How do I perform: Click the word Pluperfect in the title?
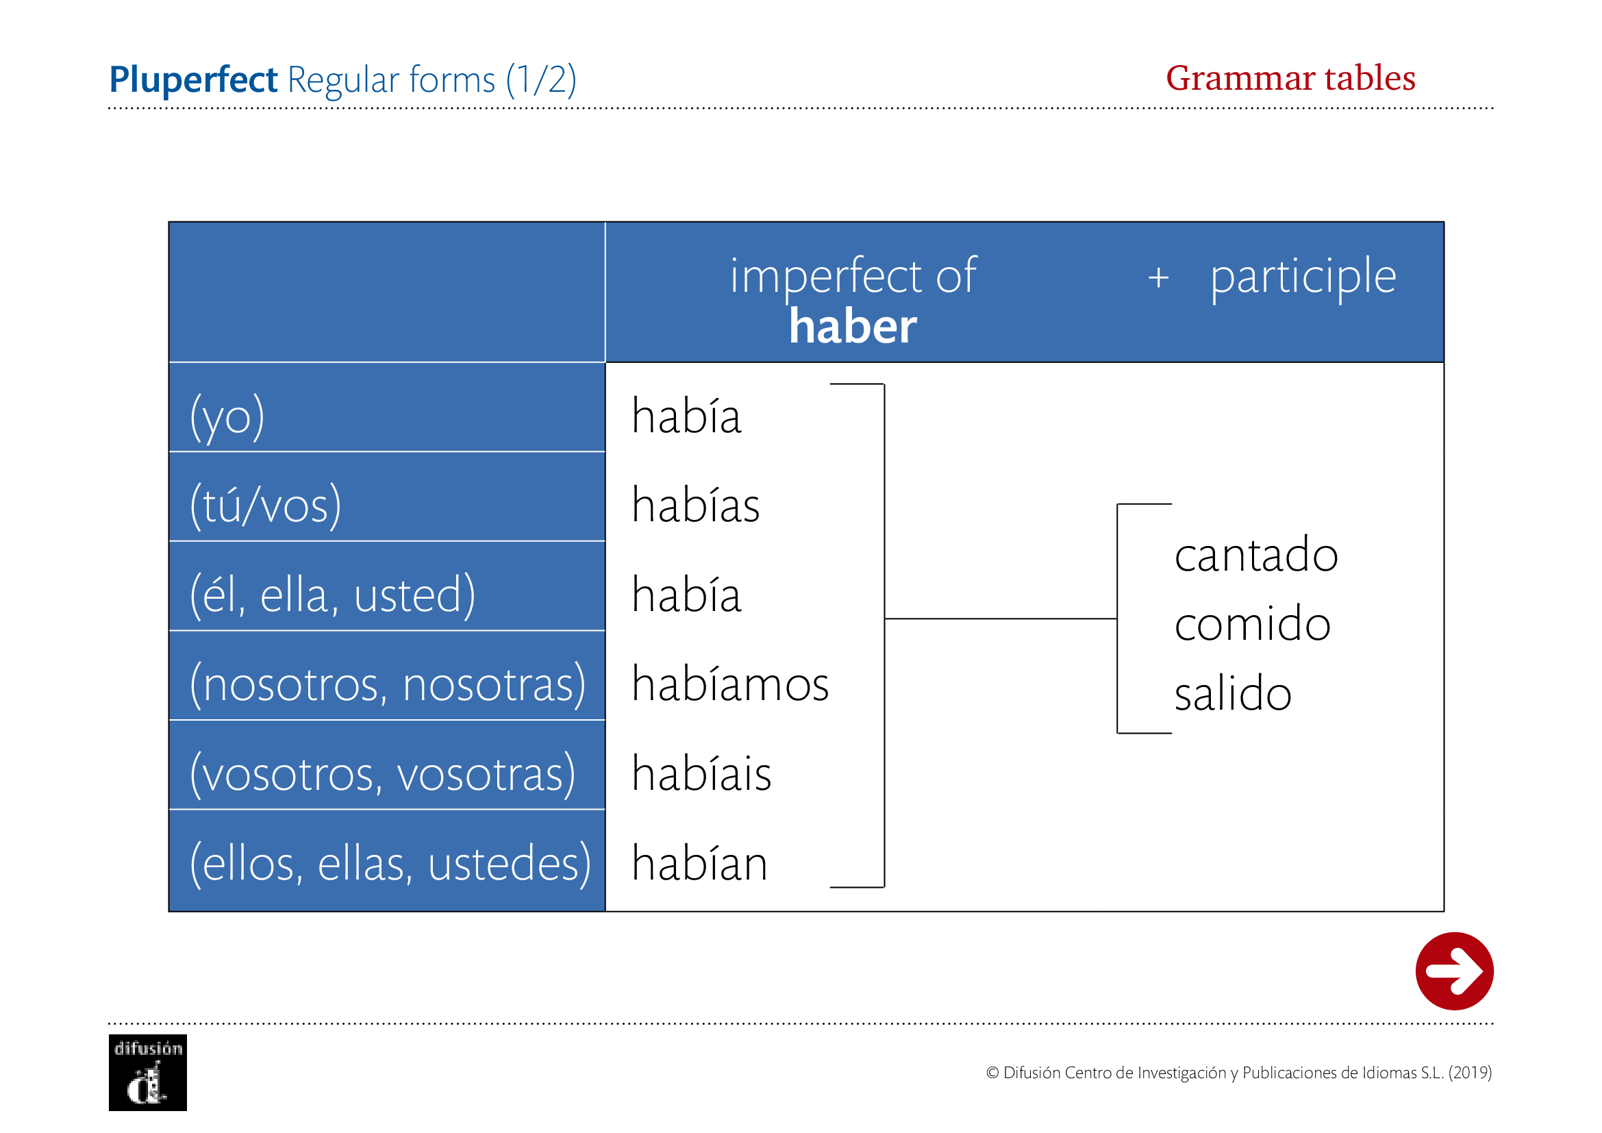pos(193,79)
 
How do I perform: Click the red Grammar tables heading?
pos(1290,77)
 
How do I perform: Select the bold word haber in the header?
pos(853,327)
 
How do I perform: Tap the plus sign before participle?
pos(1158,277)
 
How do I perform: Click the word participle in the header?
pos(1303,277)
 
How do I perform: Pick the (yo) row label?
pos(227,417)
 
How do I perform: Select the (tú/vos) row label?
pos(266,505)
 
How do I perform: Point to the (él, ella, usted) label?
pos(333,595)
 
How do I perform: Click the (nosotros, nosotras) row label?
pos(388,684)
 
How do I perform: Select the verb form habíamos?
pos(731,683)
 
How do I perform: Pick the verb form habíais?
pos(702,772)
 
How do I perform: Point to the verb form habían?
pos(700,862)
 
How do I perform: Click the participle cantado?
pos(1256,555)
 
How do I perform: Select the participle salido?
pos(1233,693)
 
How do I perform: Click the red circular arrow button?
pos(1454,971)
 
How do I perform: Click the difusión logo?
pos(148,1072)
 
